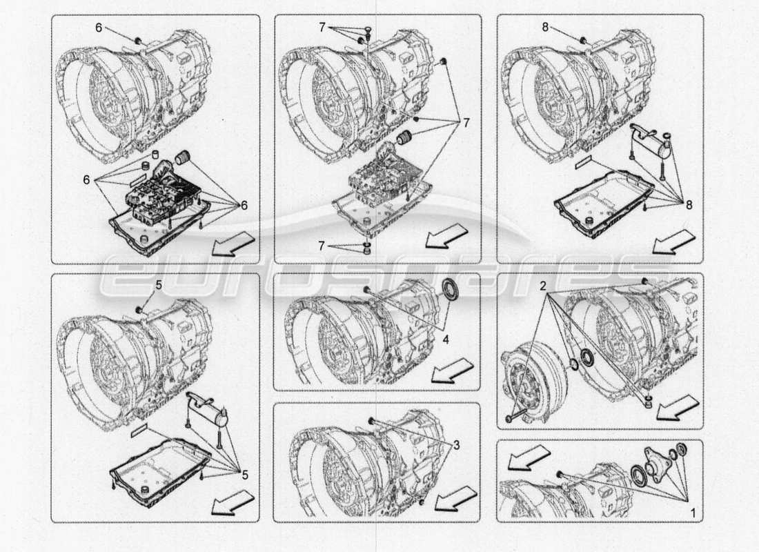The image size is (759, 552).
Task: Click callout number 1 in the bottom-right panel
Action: coord(692,513)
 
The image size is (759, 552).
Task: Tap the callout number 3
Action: coord(456,445)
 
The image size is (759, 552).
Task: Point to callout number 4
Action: coord(446,339)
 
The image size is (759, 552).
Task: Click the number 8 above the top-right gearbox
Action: coord(544,28)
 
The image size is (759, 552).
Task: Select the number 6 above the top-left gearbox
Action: coord(98,27)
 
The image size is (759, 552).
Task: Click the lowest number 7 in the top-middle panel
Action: coord(321,245)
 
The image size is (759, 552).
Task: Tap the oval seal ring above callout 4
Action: coord(451,290)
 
